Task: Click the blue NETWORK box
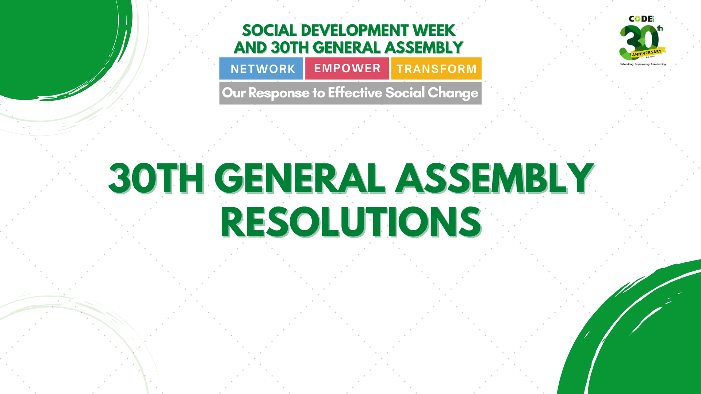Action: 261,69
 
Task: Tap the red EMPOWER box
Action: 347,68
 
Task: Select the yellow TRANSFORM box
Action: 436,69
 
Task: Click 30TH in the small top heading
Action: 290,48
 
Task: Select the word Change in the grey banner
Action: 453,93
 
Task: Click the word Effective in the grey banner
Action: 355,93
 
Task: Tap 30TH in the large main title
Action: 156,178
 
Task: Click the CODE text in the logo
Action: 641,19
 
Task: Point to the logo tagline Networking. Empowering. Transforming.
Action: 643,64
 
